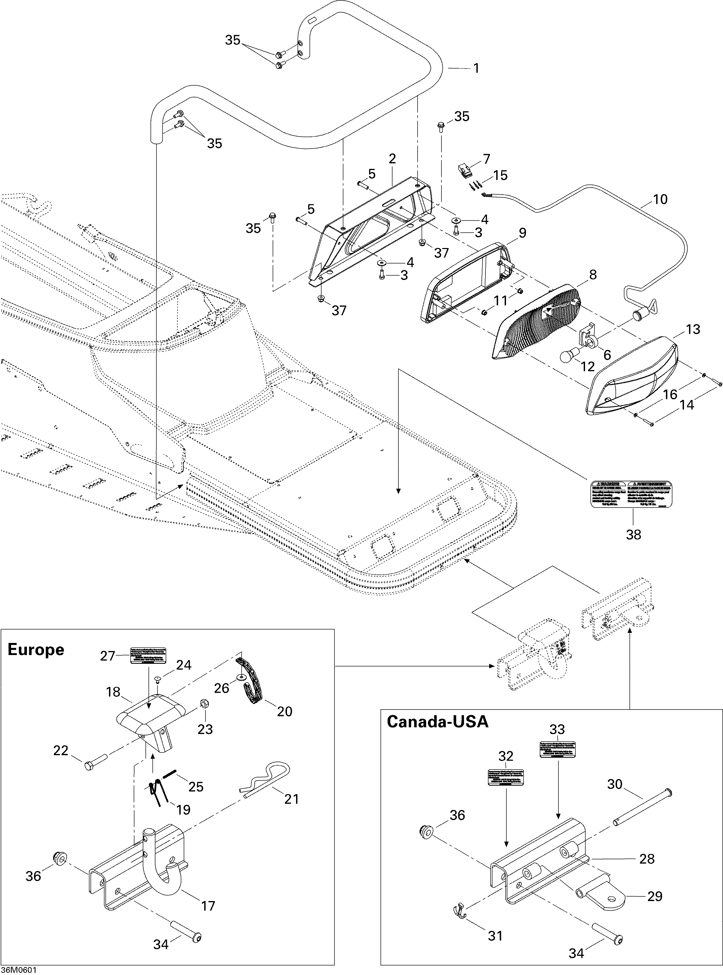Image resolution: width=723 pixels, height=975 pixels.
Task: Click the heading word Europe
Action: (x=36, y=649)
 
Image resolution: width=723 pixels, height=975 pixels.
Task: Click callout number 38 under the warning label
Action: (x=633, y=534)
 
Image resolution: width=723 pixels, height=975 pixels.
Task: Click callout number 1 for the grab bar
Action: (x=476, y=68)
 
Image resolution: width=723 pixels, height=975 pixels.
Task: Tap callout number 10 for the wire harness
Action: (x=660, y=199)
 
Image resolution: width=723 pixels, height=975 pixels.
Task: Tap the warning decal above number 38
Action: (x=631, y=494)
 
